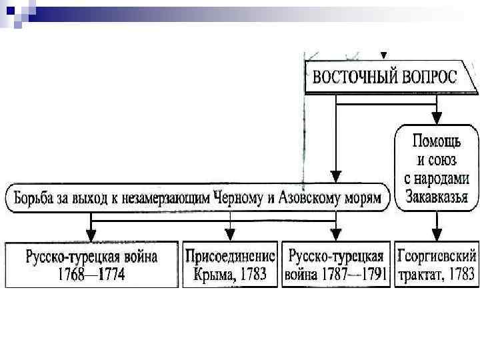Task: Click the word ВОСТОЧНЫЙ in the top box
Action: pos(355,76)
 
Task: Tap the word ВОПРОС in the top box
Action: pos(429,76)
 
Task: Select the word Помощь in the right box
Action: pos(437,142)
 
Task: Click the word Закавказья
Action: pos(437,197)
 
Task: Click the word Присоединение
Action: pos(229,257)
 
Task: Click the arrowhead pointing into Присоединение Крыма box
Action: pos(230,235)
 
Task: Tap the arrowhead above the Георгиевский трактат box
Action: pos(437,235)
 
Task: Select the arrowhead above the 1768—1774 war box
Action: pos(91,235)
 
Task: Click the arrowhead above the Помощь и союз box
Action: pos(437,119)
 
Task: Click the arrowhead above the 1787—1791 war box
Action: pos(335,235)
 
